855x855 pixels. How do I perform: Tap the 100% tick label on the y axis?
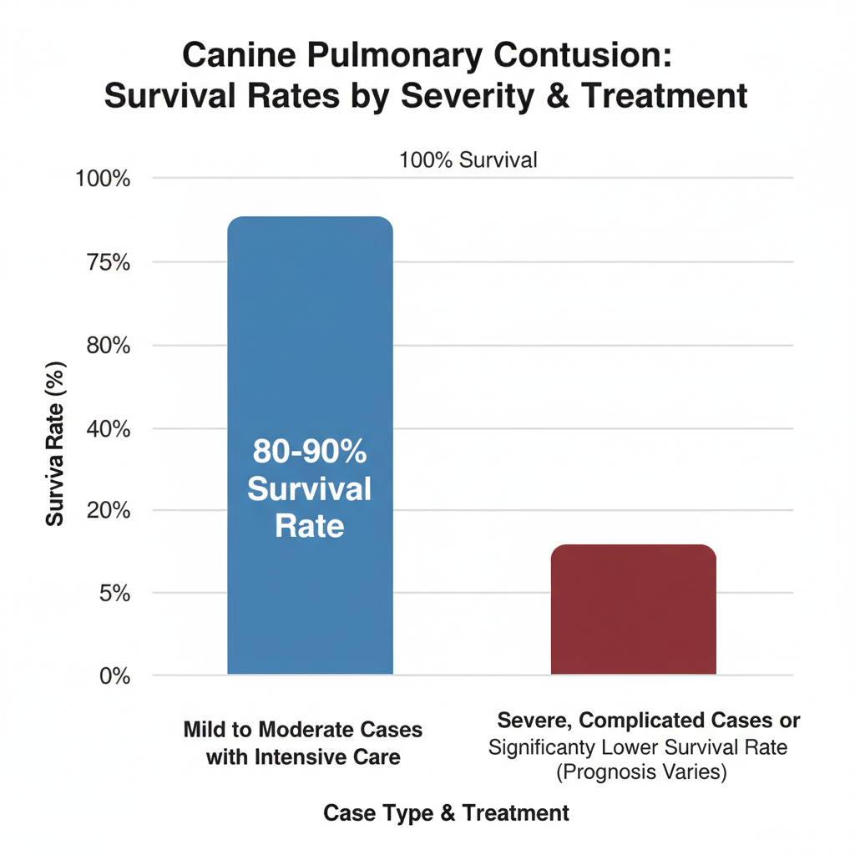[104, 179]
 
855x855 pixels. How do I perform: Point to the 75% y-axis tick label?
[108, 262]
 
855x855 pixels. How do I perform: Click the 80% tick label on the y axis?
[108, 345]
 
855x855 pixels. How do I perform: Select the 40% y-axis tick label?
[108, 428]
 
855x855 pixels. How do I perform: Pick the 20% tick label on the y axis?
[108, 510]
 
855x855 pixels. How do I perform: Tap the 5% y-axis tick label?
[113, 593]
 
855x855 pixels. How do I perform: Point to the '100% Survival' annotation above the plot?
[468, 159]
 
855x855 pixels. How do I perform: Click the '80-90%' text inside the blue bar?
[310, 453]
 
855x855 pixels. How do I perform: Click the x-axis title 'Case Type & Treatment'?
[446, 812]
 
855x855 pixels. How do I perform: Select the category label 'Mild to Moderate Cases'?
[303, 729]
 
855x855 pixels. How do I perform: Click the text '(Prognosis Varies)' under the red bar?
[641, 772]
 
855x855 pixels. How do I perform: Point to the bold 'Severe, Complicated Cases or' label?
[649, 721]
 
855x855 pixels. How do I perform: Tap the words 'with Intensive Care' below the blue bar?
[303, 757]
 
